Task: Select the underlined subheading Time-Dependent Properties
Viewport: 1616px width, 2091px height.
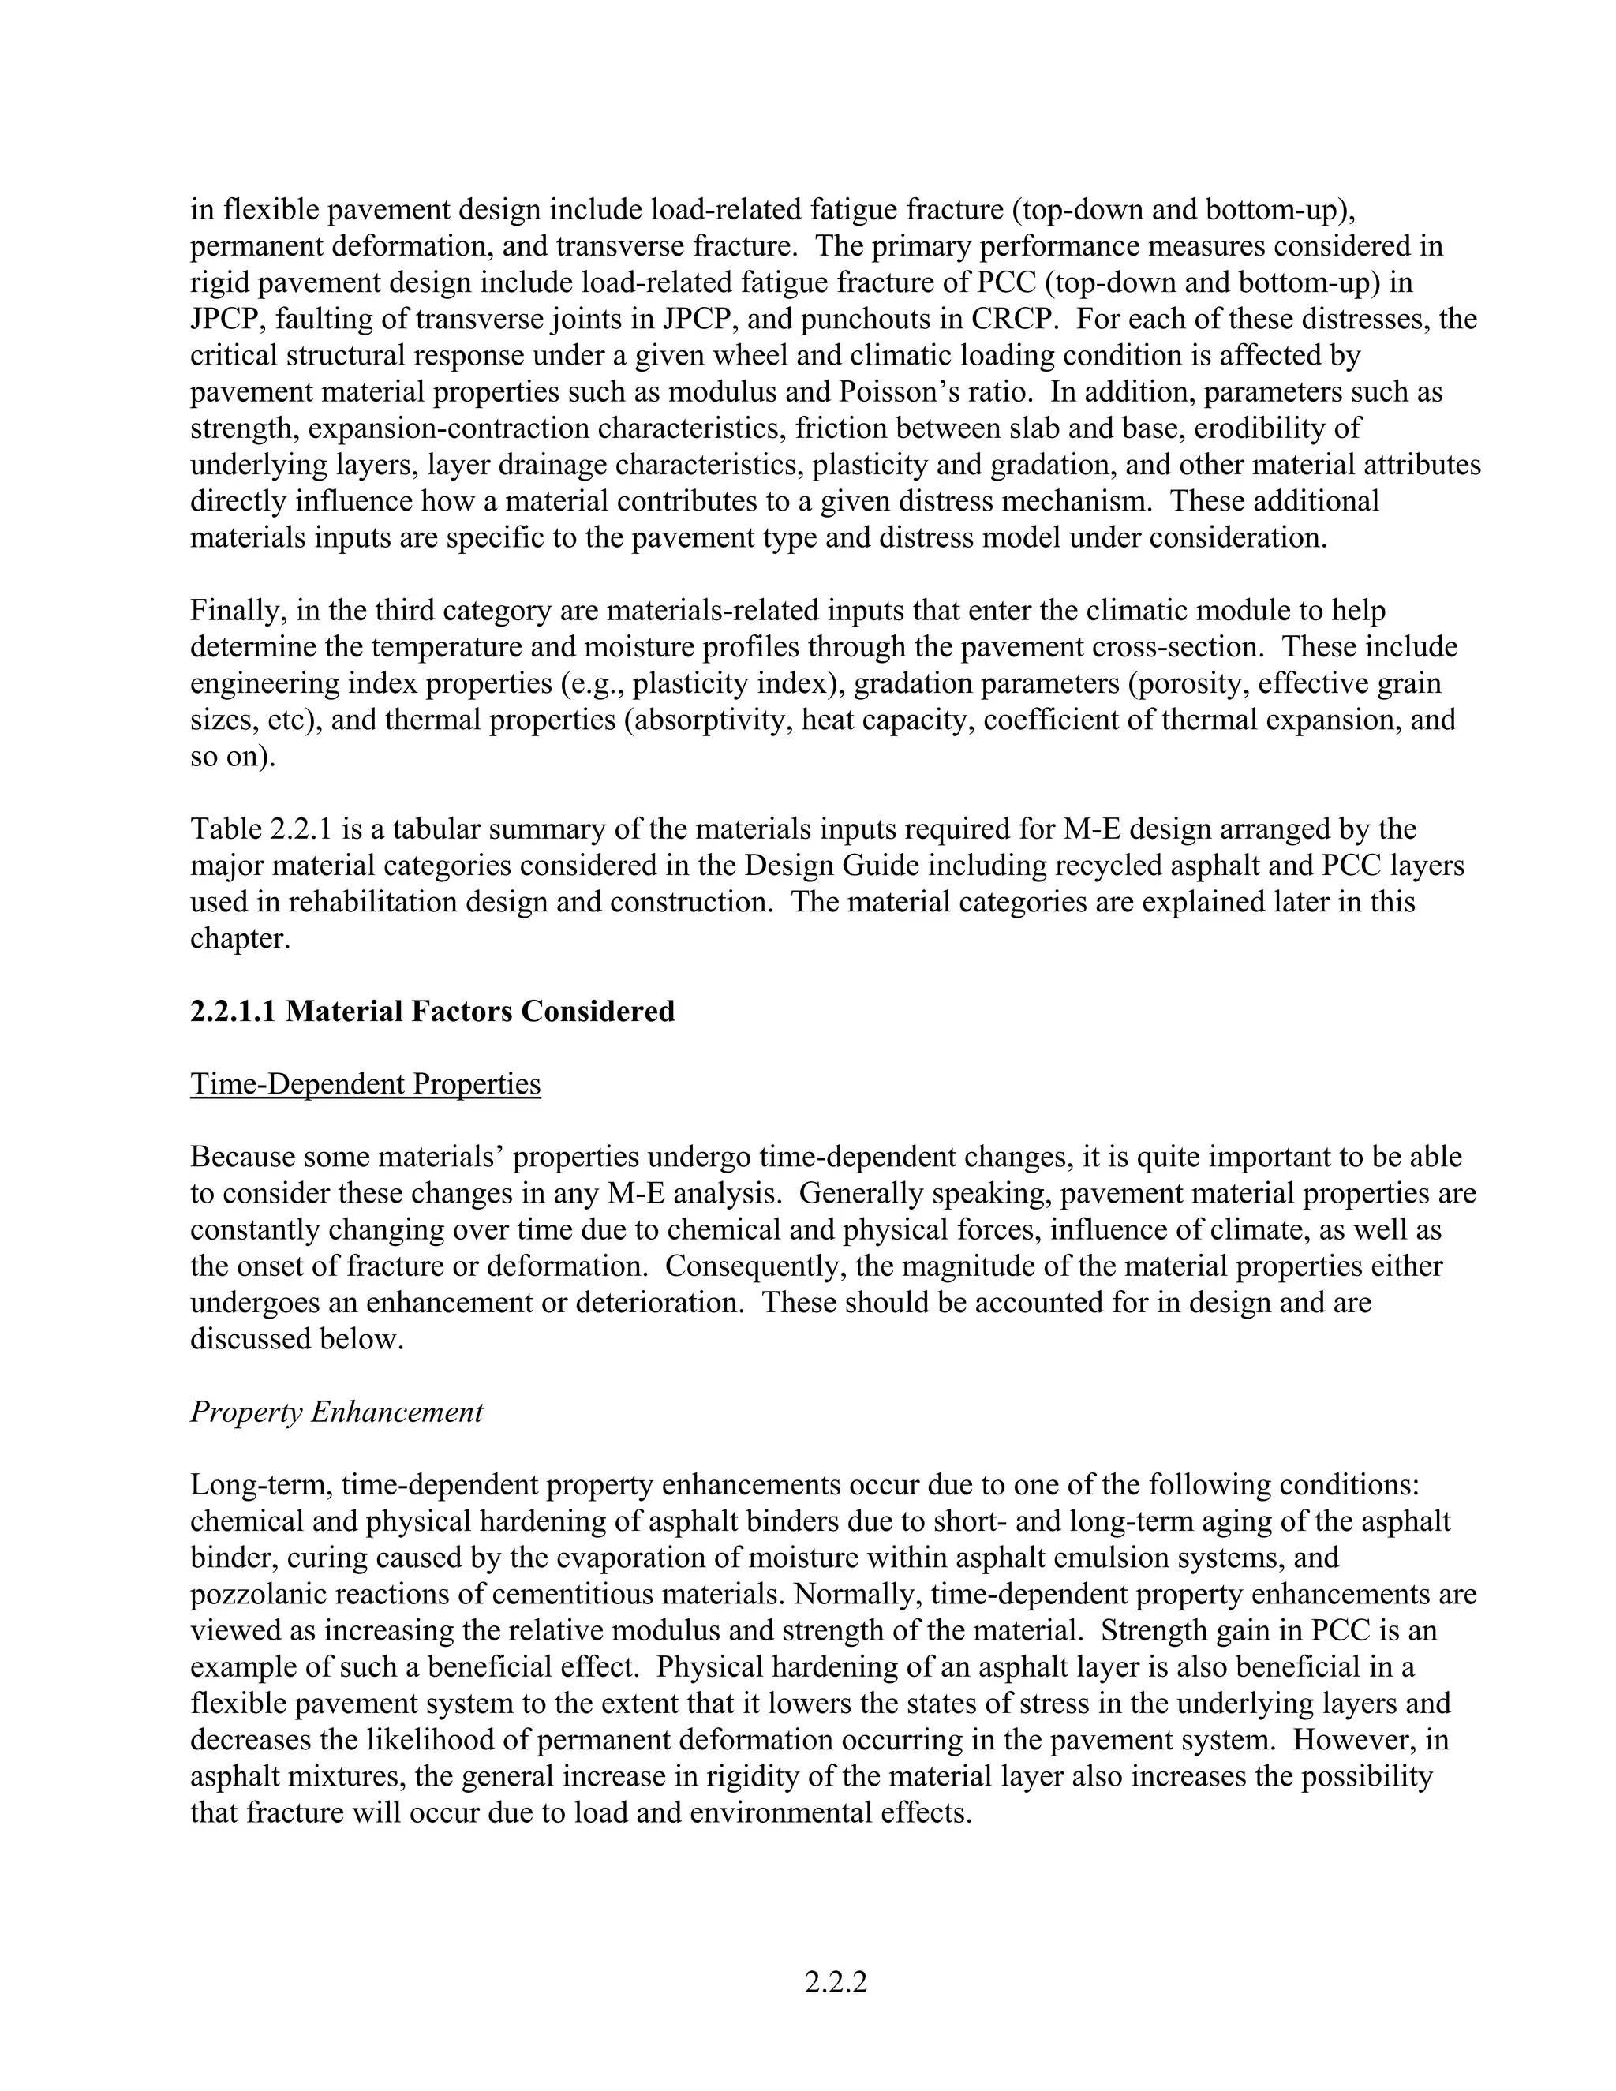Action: pos(365,1084)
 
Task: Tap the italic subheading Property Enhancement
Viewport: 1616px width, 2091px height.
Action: pos(336,1412)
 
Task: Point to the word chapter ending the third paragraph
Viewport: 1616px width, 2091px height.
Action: pos(239,938)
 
